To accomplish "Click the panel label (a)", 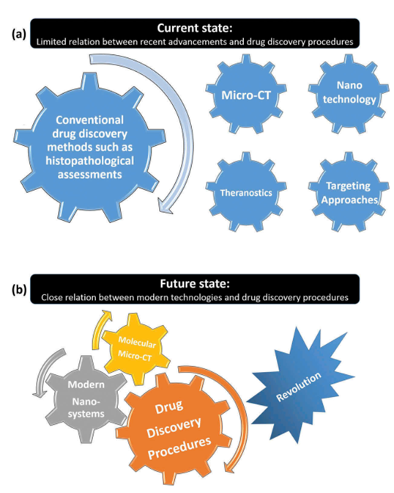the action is tap(19, 34).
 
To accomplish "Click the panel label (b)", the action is tap(19, 290).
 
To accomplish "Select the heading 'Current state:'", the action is tap(195, 28).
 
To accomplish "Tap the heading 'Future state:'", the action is tap(195, 284).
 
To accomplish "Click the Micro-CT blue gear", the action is tap(246, 95).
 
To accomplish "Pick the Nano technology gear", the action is tap(349, 93).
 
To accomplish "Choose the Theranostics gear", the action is tap(246, 192).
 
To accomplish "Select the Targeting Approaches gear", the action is tap(349, 191).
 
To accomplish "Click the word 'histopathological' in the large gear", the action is tap(90, 161).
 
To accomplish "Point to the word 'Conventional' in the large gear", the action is tap(90, 120).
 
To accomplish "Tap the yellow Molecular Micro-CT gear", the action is tap(136, 349).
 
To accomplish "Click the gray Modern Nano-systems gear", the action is tap(86, 399).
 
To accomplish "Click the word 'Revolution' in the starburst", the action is tap(299, 387).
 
